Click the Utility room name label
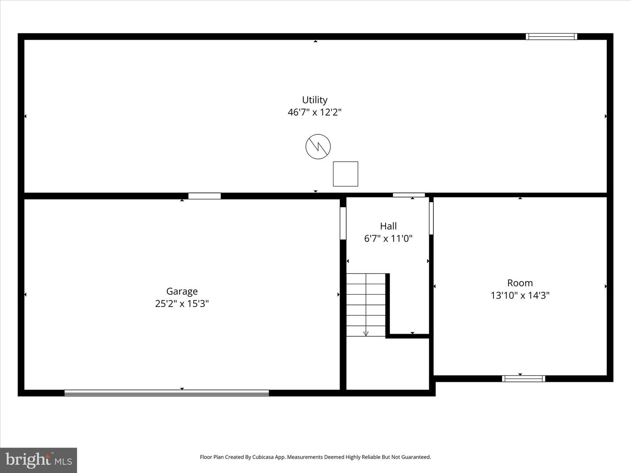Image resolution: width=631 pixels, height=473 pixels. click(x=315, y=100)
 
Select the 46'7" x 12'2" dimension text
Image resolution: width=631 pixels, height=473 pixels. click(x=315, y=112)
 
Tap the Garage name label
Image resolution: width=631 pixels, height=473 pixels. click(x=182, y=291)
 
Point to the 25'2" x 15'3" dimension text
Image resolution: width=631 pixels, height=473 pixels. click(x=182, y=304)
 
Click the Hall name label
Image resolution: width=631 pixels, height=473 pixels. click(x=388, y=226)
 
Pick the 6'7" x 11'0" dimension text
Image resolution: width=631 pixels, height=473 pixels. click(x=388, y=239)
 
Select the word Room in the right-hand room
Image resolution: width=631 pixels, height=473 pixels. click(x=520, y=283)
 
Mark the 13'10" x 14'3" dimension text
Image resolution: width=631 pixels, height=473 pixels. click(x=520, y=295)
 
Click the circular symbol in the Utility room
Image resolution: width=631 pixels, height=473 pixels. click(x=318, y=147)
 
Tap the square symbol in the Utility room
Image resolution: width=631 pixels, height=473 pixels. click(x=346, y=174)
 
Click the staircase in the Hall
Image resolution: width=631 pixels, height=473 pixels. click(x=366, y=305)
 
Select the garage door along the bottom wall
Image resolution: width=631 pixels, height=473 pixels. click(x=167, y=393)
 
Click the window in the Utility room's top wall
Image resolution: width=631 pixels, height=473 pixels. click(x=551, y=37)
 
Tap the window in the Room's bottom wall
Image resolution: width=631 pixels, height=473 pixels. click(x=524, y=379)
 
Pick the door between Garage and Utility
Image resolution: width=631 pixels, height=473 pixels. click(x=205, y=196)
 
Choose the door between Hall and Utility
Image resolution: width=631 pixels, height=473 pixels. click(x=409, y=195)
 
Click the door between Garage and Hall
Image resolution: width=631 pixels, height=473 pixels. click(x=343, y=223)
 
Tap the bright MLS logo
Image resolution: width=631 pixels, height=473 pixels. click(x=39, y=460)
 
